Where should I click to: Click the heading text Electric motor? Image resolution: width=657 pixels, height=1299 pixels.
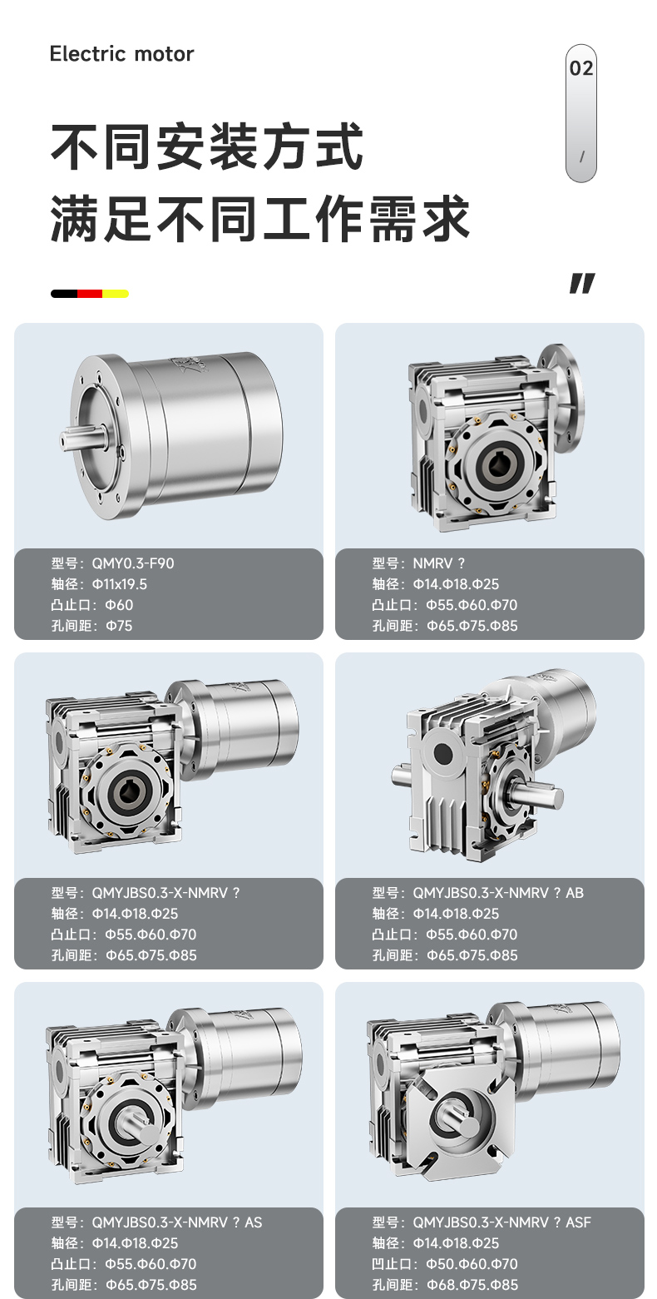[x=121, y=54]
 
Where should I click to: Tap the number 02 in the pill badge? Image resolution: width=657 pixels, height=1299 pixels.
[x=581, y=68]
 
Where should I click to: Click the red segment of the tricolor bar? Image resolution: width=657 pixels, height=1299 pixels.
[x=90, y=294]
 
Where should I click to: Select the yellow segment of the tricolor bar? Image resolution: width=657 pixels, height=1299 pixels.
[x=116, y=294]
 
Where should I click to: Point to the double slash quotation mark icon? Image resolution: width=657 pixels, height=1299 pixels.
[x=582, y=283]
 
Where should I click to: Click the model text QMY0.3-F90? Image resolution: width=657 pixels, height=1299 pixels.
[x=133, y=563]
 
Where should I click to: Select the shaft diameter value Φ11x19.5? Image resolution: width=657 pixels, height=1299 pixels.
[x=120, y=584]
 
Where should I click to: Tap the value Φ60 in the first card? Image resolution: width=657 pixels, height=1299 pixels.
[x=119, y=605]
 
